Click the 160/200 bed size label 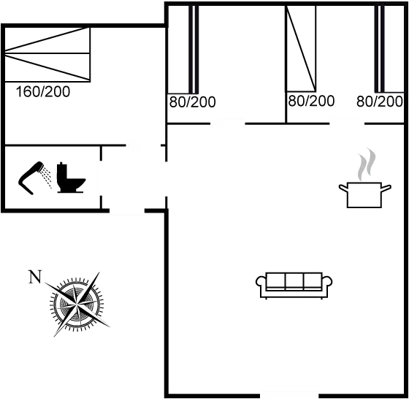(43, 91)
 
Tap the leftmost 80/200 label (193, 102)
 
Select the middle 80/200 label (311, 101)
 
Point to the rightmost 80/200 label (380, 102)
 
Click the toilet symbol (70, 177)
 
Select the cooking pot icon (364, 194)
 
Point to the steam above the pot (367, 164)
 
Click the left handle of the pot (343, 188)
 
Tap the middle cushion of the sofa (294, 280)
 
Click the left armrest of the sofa (261, 285)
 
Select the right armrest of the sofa (327, 285)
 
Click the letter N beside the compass (35, 277)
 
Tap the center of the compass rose (77, 304)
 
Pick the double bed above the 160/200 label (47, 54)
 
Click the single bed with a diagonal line (301, 48)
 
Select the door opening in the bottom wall (289, 395)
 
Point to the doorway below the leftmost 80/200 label (228, 123)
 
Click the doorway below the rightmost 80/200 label (347, 123)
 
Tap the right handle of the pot (386, 188)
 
